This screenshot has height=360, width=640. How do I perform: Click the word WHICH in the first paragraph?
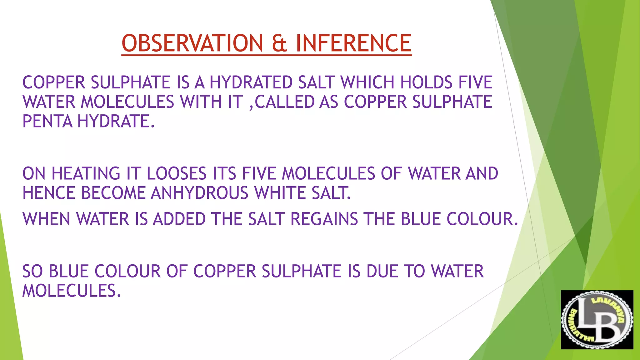click(368, 82)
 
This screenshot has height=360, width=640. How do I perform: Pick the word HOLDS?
click(426, 82)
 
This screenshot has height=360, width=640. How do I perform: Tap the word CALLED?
click(285, 102)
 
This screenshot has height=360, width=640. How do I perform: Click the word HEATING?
click(86, 173)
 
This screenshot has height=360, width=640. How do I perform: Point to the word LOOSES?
click(177, 173)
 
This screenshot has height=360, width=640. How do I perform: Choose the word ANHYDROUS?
click(199, 193)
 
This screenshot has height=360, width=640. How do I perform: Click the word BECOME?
click(113, 193)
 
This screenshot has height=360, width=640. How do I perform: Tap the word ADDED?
click(179, 219)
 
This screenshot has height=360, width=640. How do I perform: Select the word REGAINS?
click(324, 219)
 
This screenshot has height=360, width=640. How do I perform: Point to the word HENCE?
click(49, 193)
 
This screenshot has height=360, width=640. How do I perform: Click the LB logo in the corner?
click(597, 320)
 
